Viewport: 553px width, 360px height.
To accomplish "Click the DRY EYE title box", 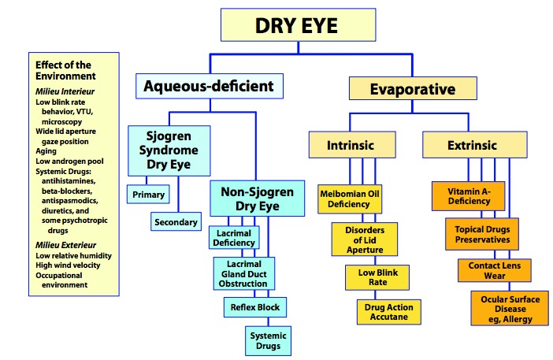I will pyautogui.click(x=296, y=25).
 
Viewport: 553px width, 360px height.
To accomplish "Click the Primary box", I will pyautogui.click(x=149, y=193).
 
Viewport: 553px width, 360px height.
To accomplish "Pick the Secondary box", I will pyautogui.click(x=175, y=222).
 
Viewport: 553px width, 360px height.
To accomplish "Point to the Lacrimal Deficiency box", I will pyautogui.click(x=234, y=238).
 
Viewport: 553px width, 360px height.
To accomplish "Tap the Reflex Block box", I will pyautogui.click(x=254, y=306).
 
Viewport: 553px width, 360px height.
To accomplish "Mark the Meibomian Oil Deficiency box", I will pyautogui.click(x=351, y=198).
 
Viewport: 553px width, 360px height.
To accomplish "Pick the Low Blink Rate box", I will pyautogui.click(x=372, y=276).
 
